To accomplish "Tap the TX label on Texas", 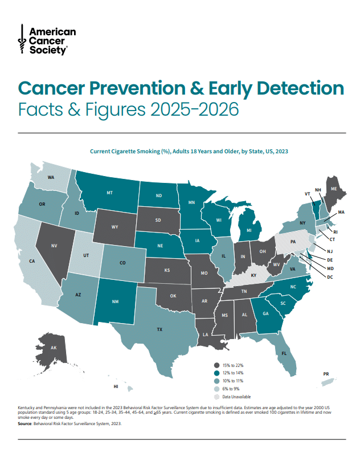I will click(159, 329).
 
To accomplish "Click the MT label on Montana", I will click(109, 193).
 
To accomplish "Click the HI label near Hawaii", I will click(116, 387).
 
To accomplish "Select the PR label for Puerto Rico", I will click(326, 374).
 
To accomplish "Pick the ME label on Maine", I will click(334, 189).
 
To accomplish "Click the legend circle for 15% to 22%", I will click(216, 365).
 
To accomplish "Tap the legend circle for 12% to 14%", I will click(216, 373).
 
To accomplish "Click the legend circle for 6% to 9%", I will click(216, 389).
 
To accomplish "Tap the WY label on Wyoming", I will click(114, 227).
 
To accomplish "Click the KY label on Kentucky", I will click(253, 276).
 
